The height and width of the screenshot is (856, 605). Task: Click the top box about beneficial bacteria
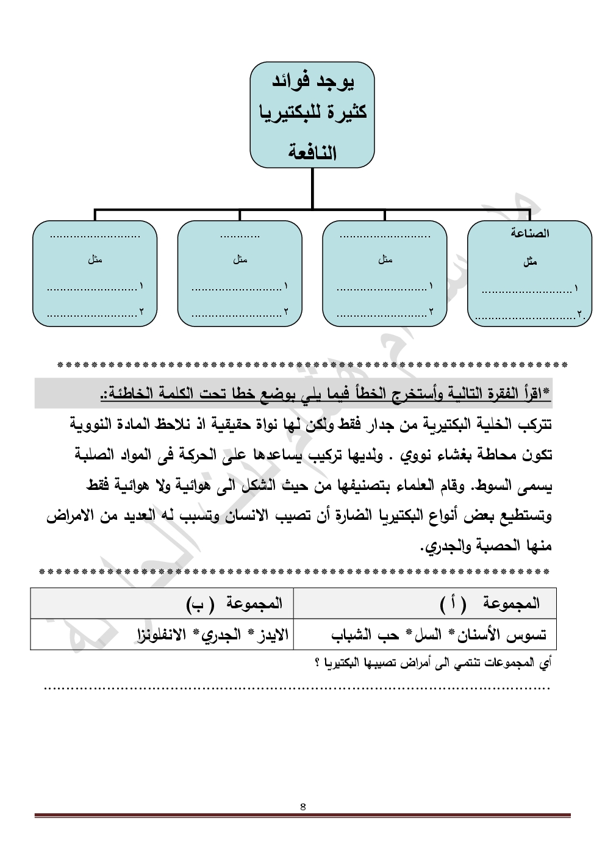click(x=312, y=114)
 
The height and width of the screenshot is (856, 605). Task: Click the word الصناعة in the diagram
click(x=530, y=234)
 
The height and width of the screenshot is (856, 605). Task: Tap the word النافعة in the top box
click(x=312, y=153)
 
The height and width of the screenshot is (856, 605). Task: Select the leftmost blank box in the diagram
click(x=95, y=273)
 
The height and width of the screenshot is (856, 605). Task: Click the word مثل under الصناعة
click(x=530, y=262)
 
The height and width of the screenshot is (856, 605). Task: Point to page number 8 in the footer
click(x=303, y=807)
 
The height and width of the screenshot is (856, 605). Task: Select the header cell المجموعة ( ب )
click(x=235, y=603)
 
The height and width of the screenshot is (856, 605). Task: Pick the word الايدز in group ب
click(x=271, y=635)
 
